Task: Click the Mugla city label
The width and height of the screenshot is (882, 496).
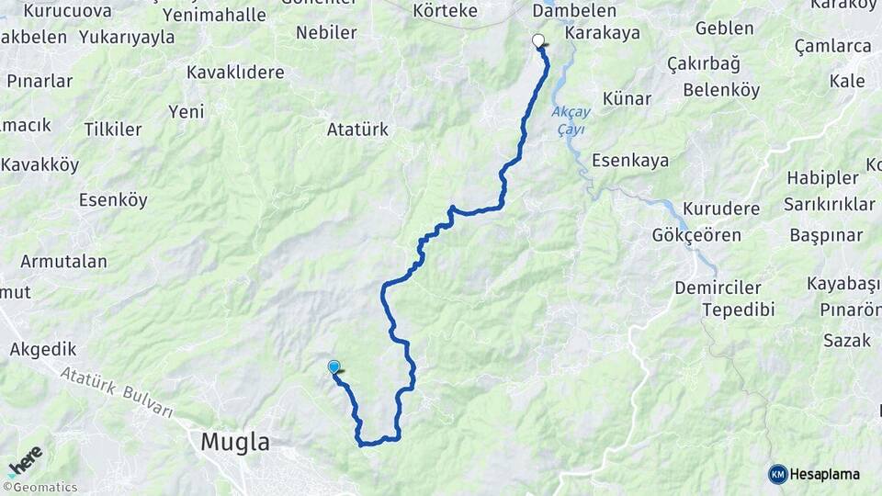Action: point(235,443)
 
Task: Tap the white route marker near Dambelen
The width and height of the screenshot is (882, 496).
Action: point(538,40)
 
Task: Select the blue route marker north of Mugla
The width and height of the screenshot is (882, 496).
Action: point(334,366)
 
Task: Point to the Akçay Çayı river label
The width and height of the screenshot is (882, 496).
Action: point(570,120)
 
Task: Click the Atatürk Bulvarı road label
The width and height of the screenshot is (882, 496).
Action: point(117,392)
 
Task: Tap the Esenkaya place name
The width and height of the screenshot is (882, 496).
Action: point(629,161)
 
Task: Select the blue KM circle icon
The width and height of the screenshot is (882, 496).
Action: point(778,474)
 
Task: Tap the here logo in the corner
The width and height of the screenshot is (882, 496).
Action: point(25,460)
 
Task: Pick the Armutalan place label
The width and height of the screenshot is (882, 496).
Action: point(63,261)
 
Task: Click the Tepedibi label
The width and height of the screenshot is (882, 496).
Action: point(738,310)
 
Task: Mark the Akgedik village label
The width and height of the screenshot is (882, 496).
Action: point(42,349)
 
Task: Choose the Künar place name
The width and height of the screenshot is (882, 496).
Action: point(627,98)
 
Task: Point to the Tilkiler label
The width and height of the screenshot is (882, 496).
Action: point(113,130)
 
